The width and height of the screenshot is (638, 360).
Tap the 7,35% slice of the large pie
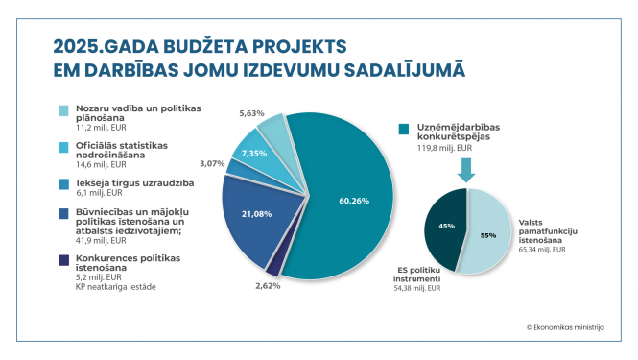coord(254,155)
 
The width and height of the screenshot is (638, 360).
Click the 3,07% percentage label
coord(211,164)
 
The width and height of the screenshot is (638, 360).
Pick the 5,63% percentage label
coord(251,112)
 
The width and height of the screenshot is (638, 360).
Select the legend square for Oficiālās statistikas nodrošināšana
coord(64,147)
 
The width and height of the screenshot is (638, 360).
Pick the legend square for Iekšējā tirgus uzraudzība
coord(64,182)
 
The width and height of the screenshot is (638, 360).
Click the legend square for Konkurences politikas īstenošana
coord(64,259)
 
